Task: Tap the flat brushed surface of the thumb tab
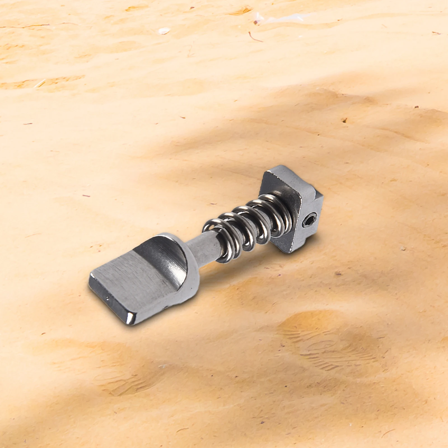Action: point(132,283)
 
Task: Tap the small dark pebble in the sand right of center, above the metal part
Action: point(344,120)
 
